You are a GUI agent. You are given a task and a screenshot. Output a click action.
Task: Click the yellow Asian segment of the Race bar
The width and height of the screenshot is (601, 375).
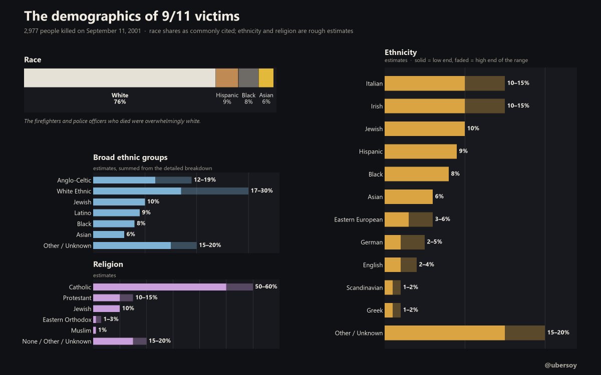266,77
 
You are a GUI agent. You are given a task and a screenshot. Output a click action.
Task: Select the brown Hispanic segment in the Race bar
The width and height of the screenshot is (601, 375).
227,77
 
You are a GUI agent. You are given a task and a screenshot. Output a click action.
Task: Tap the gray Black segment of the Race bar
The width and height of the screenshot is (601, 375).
248,77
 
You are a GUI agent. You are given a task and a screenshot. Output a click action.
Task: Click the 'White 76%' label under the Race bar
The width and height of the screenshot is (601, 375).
120,98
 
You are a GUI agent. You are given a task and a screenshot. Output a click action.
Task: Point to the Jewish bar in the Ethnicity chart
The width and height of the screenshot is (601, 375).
425,128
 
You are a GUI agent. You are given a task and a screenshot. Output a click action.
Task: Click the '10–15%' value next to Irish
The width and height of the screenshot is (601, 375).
518,105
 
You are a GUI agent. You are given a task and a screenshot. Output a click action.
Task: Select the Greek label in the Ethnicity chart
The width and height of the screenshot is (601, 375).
375,310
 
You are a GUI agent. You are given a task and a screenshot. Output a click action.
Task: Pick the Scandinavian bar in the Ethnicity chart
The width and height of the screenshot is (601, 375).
393,287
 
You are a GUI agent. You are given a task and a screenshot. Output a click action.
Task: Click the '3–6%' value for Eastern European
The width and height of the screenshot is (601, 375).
442,219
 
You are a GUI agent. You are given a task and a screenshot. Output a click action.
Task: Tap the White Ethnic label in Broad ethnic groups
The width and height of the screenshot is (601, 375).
74,191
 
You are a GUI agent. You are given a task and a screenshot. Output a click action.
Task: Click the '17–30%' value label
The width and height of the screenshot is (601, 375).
261,190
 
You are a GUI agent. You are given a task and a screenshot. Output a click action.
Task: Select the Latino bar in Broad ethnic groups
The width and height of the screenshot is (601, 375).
116,212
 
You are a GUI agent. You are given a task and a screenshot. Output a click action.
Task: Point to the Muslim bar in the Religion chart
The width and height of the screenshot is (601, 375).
95,330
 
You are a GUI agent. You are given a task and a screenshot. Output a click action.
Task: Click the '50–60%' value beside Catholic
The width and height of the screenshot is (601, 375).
266,286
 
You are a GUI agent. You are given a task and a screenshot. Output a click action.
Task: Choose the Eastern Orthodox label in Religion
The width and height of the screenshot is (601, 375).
67,320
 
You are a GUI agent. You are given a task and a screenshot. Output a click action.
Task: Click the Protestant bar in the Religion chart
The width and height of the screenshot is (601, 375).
113,297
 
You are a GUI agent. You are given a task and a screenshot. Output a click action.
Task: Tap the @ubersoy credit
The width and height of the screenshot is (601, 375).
560,365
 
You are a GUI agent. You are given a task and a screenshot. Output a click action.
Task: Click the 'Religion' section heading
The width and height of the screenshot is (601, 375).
108,264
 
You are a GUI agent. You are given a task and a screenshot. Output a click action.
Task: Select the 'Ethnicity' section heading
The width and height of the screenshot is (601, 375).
401,52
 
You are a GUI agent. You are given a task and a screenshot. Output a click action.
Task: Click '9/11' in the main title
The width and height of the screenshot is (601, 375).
176,16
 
